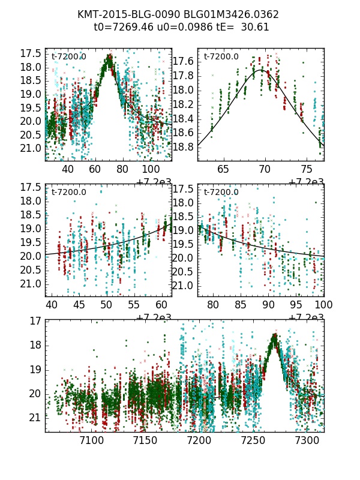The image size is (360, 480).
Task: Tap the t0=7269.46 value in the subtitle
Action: coord(121,27)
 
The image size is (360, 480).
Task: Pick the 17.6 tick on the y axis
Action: coord(183,62)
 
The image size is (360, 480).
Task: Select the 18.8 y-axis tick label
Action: coord(183,147)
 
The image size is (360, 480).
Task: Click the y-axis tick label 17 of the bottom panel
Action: coord(35,321)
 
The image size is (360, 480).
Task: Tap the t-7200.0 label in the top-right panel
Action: coord(221,57)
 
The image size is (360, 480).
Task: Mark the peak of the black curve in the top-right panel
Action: coord(262,70)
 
